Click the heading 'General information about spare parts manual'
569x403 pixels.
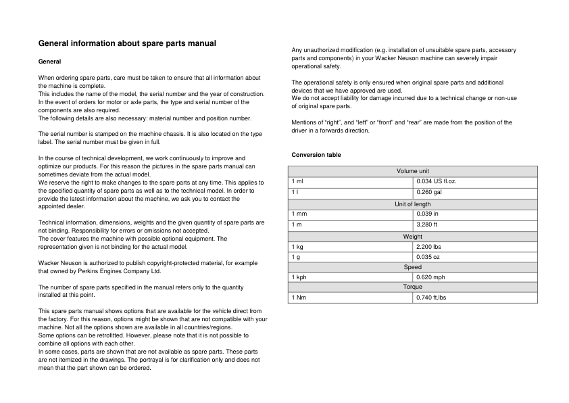point(127,44)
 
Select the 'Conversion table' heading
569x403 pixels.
point(316,156)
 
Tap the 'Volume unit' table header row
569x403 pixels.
point(412,171)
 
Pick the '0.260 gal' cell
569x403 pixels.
point(430,193)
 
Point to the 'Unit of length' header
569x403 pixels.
point(412,204)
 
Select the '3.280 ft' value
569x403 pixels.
point(428,224)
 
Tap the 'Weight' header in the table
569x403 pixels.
point(412,237)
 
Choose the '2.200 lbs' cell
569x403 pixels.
point(430,247)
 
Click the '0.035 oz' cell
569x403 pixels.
point(429,258)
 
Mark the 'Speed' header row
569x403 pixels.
point(412,268)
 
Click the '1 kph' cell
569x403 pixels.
point(300,278)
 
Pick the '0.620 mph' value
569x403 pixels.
point(431,278)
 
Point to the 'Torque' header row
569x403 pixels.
point(412,287)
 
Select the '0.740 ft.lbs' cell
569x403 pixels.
point(432,298)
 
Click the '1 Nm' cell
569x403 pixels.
point(299,298)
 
